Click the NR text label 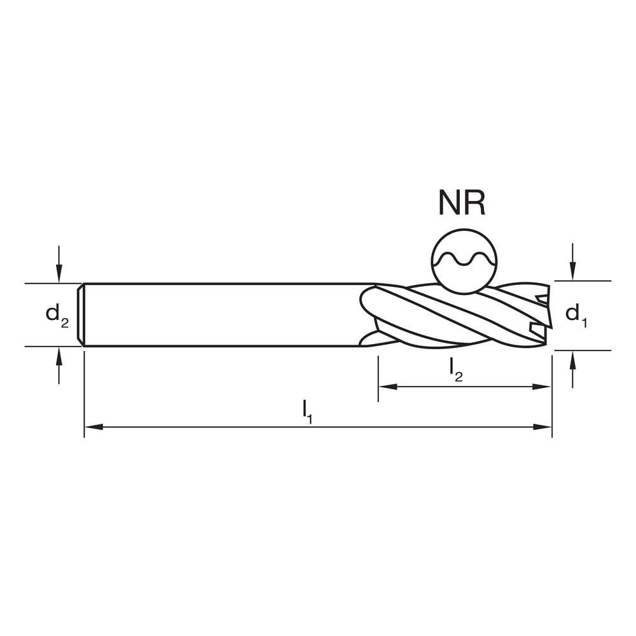click(x=462, y=202)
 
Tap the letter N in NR click(x=448, y=202)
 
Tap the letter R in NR click(x=476, y=202)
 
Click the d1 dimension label click(x=576, y=314)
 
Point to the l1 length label click(x=307, y=410)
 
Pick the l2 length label click(x=455, y=370)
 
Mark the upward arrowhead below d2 click(x=59, y=355)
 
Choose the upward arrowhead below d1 click(x=573, y=359)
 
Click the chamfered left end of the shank click(x=81, y=315)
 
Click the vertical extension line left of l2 click(x=378, y=378)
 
